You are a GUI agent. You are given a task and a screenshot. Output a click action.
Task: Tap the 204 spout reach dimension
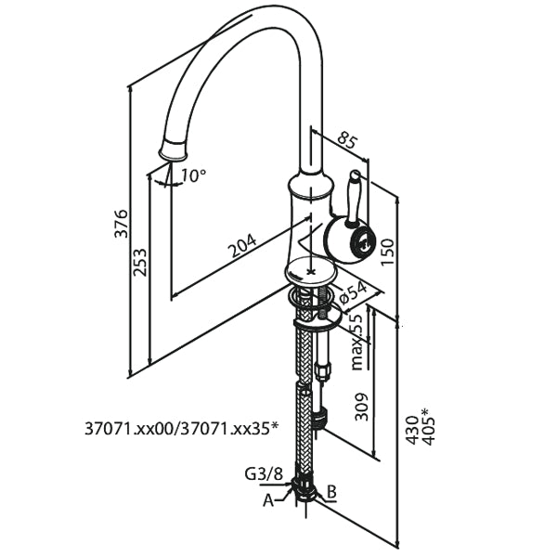(241, 245)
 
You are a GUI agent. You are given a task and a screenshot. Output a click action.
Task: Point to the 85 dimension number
(347, 140)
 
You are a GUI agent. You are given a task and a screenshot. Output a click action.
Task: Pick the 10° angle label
(193, 175)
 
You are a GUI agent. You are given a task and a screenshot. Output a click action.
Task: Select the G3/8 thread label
(265, 474)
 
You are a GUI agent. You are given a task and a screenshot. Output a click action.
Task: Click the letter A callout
(268, 499)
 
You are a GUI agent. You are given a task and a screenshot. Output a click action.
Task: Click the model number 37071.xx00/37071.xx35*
(181, 428)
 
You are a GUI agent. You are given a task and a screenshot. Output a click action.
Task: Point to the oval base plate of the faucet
(308, 273)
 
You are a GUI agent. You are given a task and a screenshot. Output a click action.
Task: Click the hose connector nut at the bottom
(304, 486)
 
